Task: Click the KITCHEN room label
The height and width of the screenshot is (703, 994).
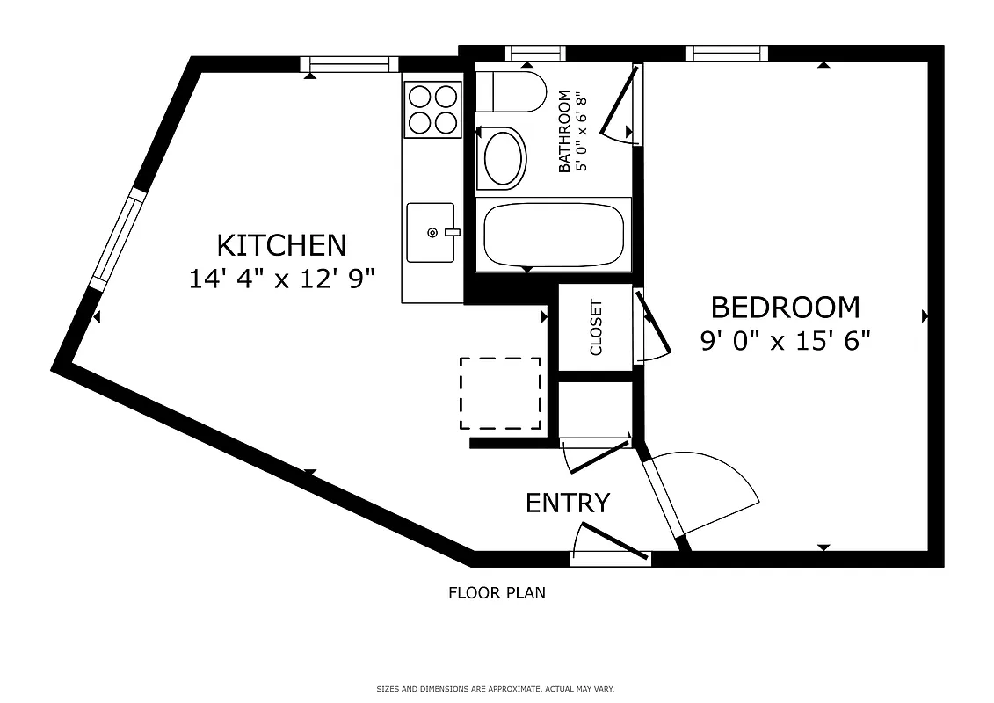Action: pyautogui.click(x=281, y=244)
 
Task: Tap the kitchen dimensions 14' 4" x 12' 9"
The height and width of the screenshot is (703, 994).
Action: pyautogui.click(x=281, y=279)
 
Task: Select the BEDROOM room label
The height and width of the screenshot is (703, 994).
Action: pyautogui.click(x=785, y=308)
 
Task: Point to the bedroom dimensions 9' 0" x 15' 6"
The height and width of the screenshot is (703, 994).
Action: pyautogui.click(x=785, y=341)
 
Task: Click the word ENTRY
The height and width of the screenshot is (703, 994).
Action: pyautogui.click(x=568, y=504)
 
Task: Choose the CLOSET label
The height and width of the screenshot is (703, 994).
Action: pyautogui.click(x=596, y=328)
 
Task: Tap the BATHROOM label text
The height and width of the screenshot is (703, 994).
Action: pyautogui.click(x=565, y=131)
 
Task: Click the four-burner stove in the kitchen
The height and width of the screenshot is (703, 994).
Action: pyautogui.click(x=433, y=108)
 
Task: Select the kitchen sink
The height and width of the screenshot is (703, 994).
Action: pyautogui.click(x=431, y=232)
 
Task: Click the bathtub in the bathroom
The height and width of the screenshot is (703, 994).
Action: pyautogui.click(x=553, y=234)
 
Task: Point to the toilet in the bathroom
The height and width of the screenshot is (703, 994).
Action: pyautogui.click(x=512, y=91)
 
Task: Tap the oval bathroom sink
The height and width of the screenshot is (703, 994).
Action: pyautogui.click(x=504, y=157)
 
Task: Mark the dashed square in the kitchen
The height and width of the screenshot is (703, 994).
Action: pyautogui.click(x=500, y=393)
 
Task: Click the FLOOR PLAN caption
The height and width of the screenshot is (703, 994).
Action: pyautogui.click(x=497, y=593)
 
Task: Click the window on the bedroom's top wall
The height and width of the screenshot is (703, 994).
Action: pyautogui.click(x=726, y=54)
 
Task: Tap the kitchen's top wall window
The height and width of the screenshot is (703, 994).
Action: pyautogui.click(x=349, y=64)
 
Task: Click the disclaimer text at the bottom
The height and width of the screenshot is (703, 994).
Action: pyautogui.click(x=496, y=689)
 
